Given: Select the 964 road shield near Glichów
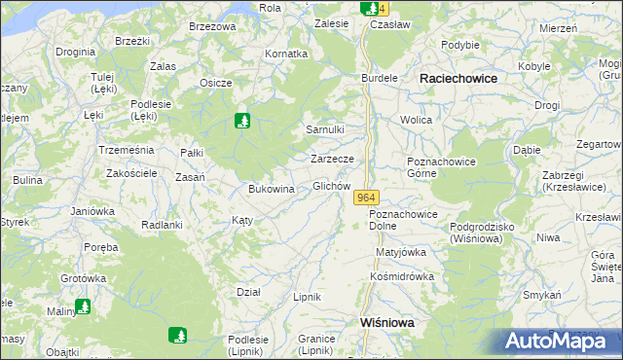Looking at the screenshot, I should (365, 198).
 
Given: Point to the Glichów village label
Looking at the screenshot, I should (330, 186).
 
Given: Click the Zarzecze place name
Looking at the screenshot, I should (338, 158).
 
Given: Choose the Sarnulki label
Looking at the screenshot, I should (325, 129).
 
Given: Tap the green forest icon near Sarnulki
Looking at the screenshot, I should (242, 122).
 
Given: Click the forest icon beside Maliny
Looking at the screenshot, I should (84, 306).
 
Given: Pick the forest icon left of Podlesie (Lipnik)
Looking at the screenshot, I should (178, 336).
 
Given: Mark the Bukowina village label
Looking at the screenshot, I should (272, 189).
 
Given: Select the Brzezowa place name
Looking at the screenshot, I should (212, 26).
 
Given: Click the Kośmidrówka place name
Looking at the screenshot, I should (402, 276).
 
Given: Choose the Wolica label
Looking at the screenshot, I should (416, 120).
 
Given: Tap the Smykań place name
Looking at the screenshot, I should (542, 294).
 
